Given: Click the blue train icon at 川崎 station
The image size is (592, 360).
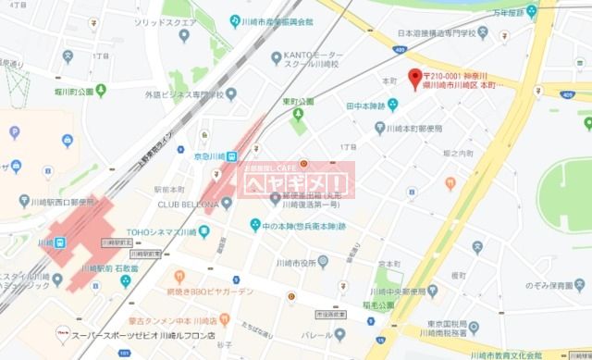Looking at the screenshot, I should [58, 242].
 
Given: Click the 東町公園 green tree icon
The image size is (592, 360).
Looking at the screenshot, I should [298, 115].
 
